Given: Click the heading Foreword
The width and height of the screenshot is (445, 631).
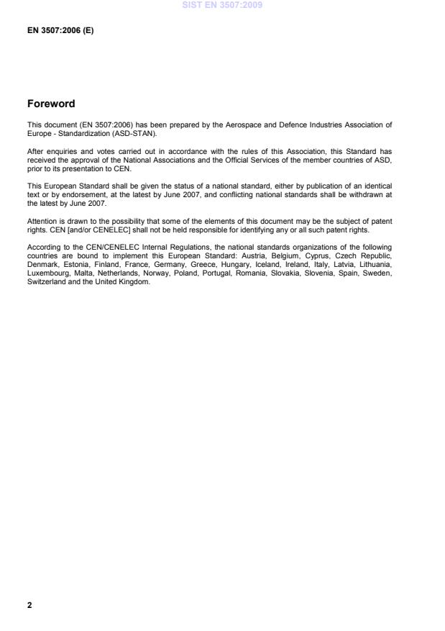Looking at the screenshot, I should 51,104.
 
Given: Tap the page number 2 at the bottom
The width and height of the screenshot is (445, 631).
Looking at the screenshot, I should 29,605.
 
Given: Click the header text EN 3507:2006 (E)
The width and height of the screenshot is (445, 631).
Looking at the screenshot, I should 60,32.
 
